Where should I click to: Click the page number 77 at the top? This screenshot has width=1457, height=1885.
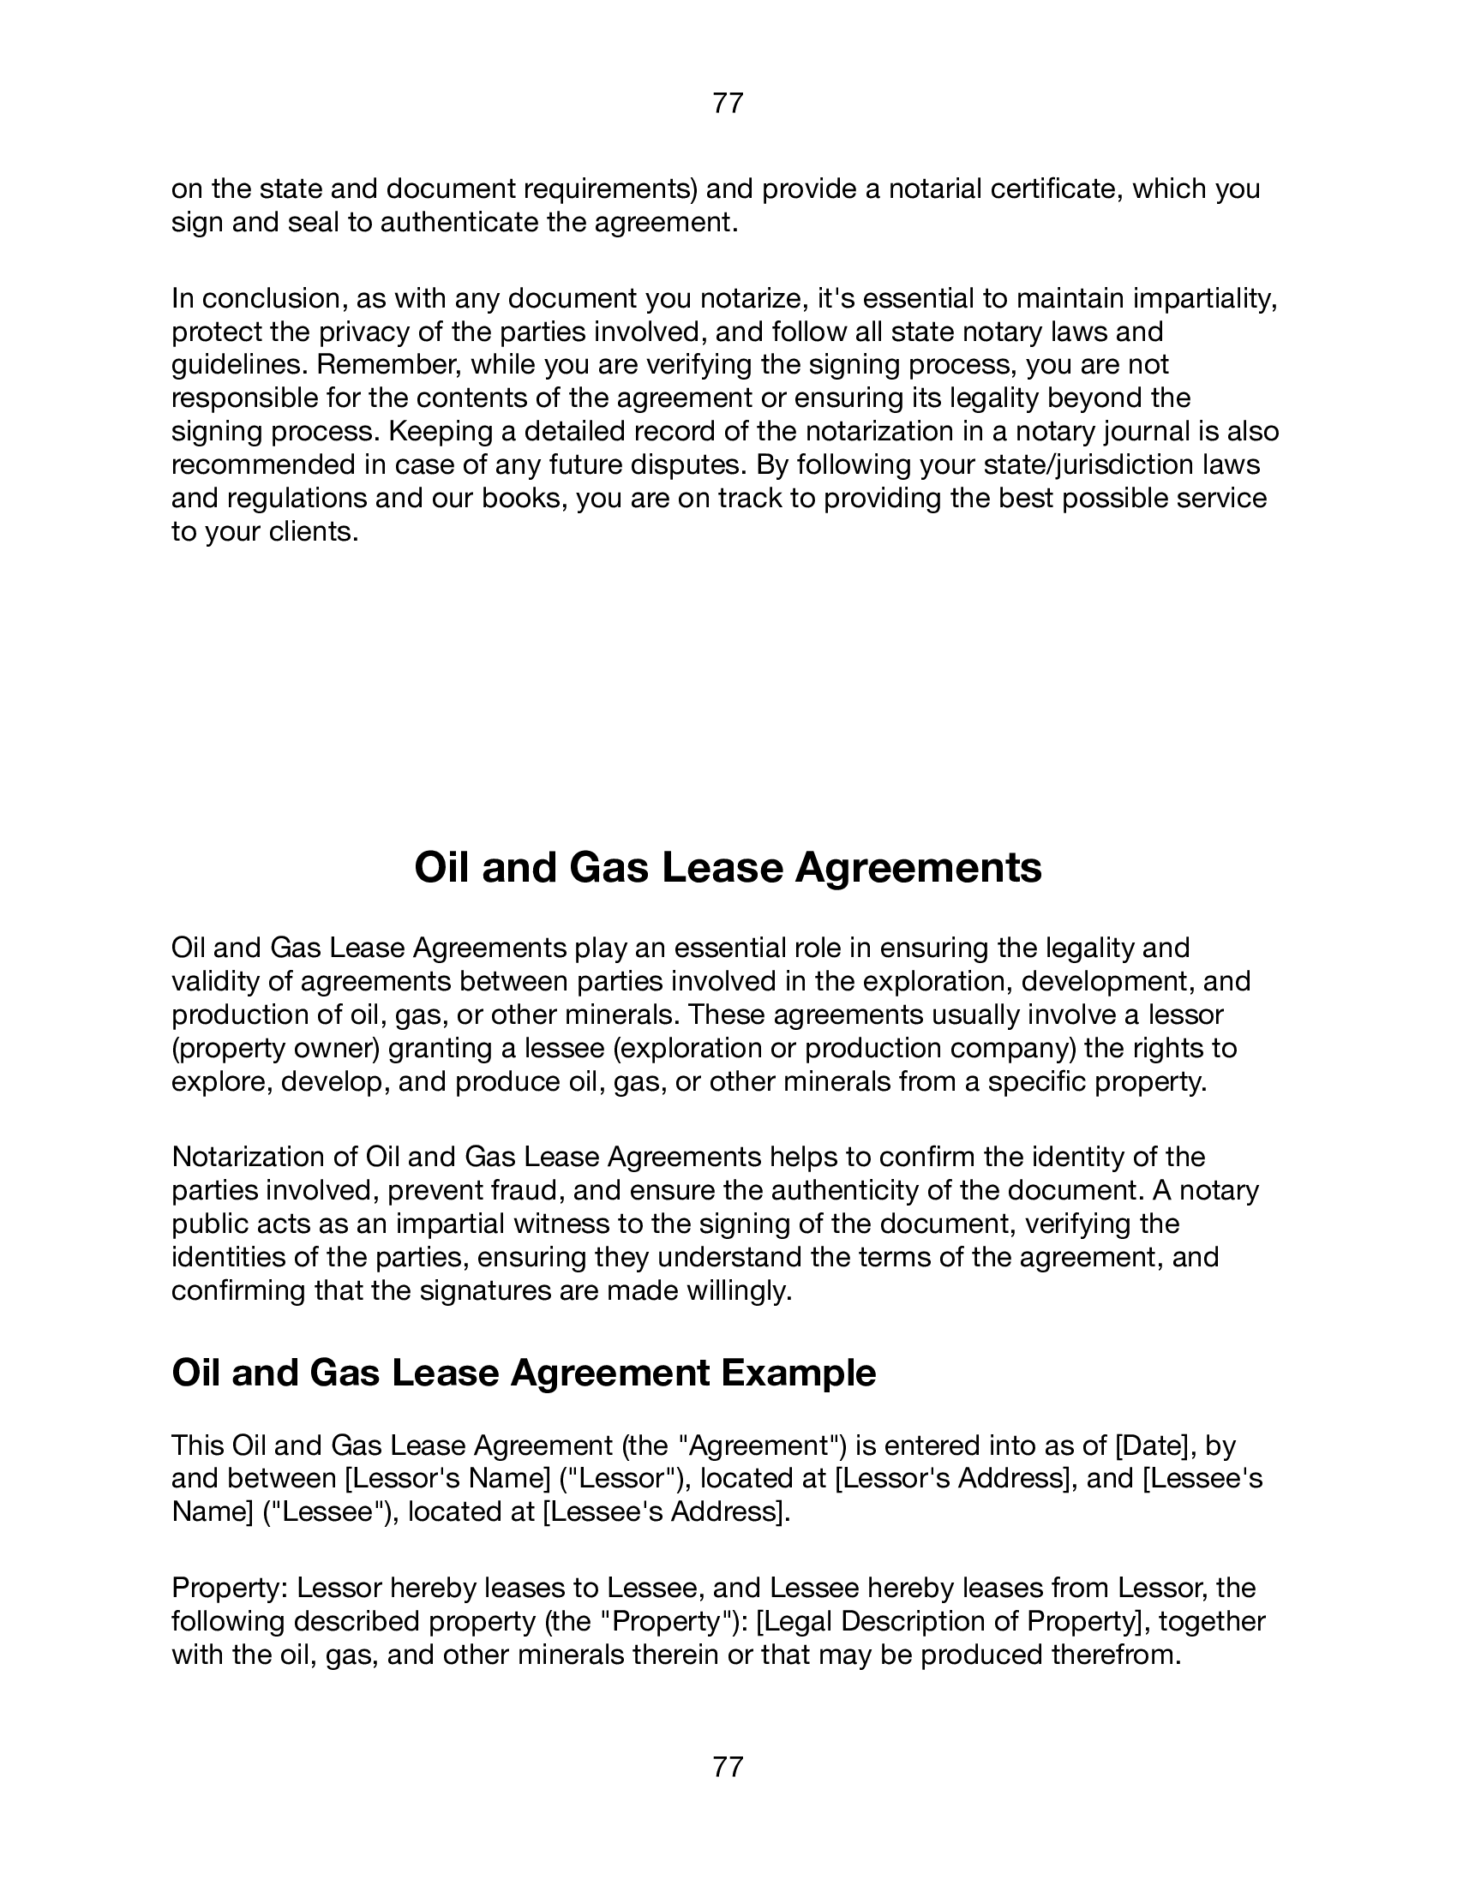click(728, 104)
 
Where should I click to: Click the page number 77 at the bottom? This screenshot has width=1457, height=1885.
click(728, 1768)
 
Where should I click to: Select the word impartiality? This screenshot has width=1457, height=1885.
click(1204, 299)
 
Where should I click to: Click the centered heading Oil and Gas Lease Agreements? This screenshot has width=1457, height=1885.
click(728, 868)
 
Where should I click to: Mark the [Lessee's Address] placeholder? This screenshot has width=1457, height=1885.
click(664, 1512)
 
